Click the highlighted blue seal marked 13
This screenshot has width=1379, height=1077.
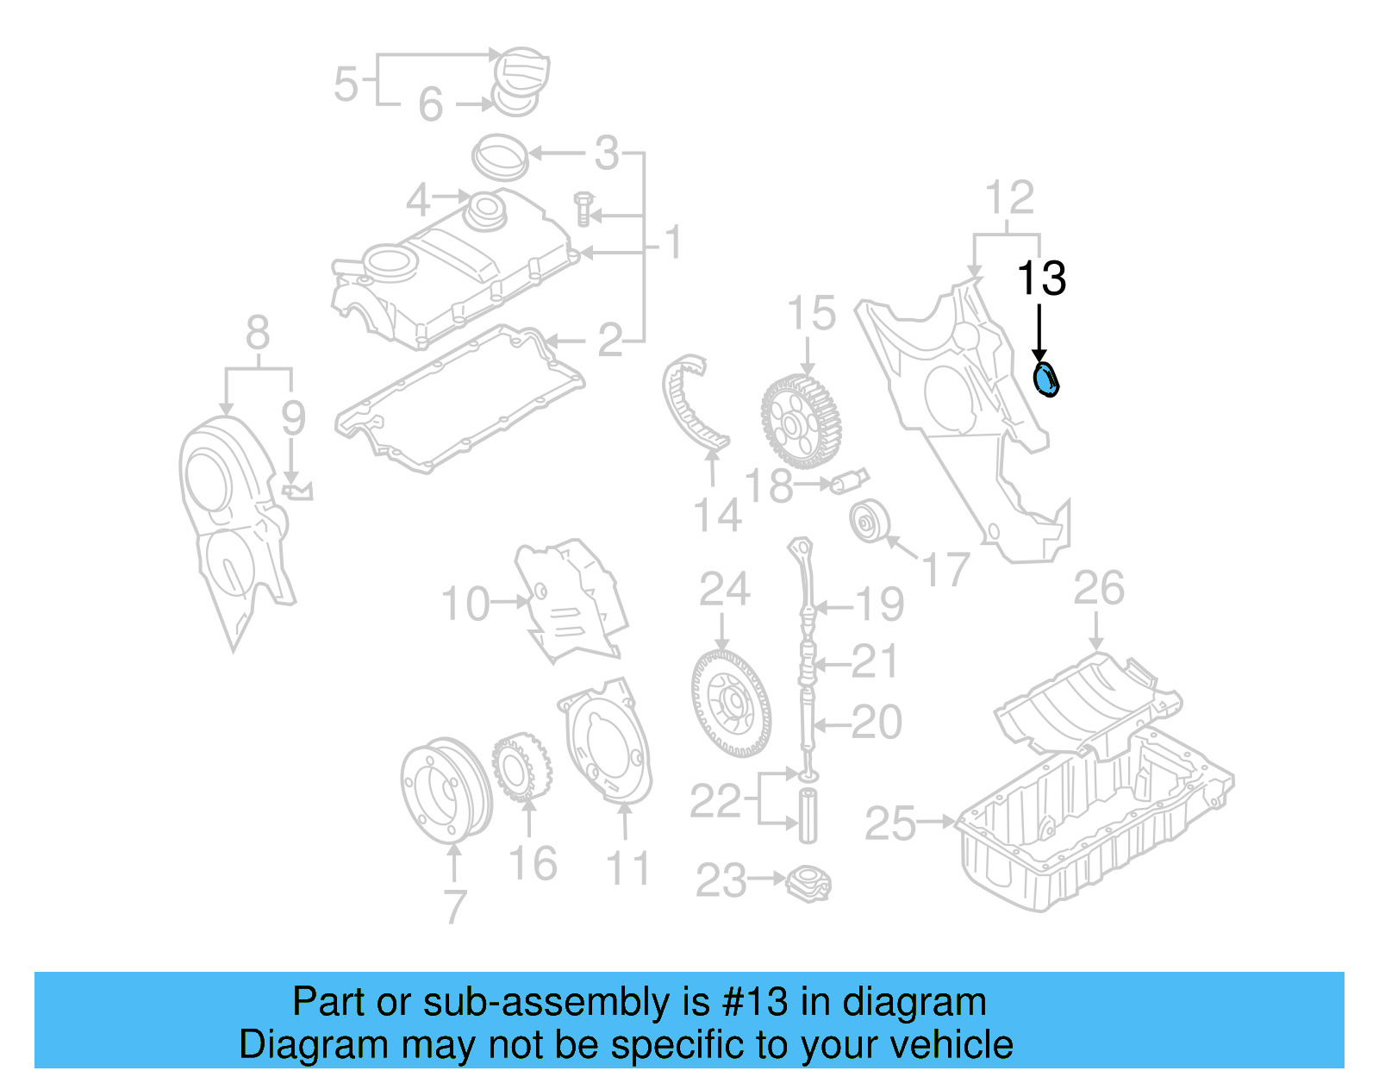[x=1046, y=379]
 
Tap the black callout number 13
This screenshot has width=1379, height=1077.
[x=1041, y=279]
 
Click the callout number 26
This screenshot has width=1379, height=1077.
[x=1098, y=588]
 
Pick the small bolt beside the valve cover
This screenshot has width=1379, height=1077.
[x=583, y=209]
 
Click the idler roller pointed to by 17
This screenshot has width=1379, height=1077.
[x=868, y=521]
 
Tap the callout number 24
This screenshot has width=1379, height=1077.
[x=724, y=590]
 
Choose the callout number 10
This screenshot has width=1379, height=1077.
[x=465, y=604]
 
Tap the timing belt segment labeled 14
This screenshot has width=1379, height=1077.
[x=693, y=405]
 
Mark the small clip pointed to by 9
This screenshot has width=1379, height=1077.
[x=297, y=492]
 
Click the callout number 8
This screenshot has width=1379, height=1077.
[x=257, y=333]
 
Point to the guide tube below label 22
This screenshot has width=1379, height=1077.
[x=808, y=815]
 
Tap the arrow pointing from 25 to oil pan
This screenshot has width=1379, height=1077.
[x=936, y=822]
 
